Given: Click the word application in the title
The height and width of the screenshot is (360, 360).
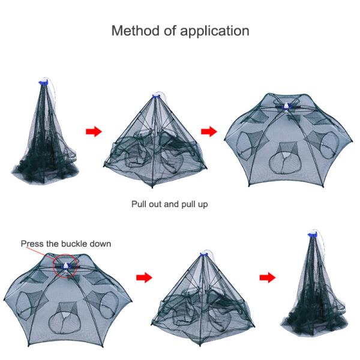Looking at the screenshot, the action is coord(215,31).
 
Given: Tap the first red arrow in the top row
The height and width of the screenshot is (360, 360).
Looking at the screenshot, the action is coord(94,131).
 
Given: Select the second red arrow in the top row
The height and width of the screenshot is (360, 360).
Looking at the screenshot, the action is coord(209,131).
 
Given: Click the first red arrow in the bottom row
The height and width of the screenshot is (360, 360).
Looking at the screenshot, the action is coord(144,278).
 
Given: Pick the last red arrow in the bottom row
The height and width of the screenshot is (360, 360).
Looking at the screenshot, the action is coord(268,278).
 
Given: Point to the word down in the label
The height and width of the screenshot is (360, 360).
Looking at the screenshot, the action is coord(100,244).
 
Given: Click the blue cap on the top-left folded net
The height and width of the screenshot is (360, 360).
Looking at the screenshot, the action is coord(43,83).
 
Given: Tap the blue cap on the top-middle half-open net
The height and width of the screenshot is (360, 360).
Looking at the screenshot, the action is coord(156,96).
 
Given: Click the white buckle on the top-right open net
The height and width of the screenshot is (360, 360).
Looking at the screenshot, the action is coord(286,106).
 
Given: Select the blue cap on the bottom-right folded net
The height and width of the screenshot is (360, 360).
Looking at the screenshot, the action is coord(313,235).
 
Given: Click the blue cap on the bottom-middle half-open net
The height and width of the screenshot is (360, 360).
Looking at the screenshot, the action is coord(204,254).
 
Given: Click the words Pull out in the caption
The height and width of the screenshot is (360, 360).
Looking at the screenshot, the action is coord(147,204).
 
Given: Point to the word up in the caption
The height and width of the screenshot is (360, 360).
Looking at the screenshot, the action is coord(203,205).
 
